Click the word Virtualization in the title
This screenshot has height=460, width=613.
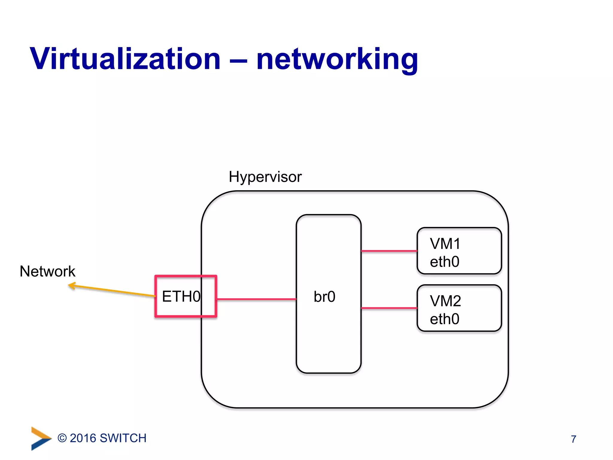click(125, 59)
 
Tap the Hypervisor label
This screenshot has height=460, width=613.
click(265, 177)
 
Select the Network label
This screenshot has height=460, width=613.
click(47, 271)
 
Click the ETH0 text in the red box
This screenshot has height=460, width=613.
click(181, 296)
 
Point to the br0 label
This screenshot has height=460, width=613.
click(324, 297)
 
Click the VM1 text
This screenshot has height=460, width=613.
click(445, 244)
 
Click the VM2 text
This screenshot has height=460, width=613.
click(445, 301)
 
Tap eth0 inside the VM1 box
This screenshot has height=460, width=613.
click(444, 262)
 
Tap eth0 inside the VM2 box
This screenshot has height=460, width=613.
click(444, 319)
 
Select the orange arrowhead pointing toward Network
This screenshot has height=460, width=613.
click(72, 285)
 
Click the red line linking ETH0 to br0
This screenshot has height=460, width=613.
click(256, 299)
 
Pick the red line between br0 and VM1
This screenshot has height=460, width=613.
click(389, 251)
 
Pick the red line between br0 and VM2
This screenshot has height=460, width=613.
click(389, 308)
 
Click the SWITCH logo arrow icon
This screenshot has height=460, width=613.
click(40, 438)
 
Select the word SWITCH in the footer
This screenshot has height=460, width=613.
click(123, 438)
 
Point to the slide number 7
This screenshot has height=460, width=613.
click(573, 439)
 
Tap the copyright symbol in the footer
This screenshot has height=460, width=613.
click(62, 438)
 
